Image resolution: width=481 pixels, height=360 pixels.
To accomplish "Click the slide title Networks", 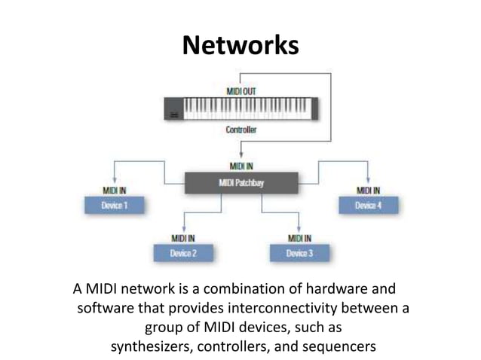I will (240, 46).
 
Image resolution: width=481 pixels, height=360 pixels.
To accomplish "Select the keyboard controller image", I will (241, 109).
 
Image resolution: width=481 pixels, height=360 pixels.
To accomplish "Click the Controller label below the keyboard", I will (241, 130).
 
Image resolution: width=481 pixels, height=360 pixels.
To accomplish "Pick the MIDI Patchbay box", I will (241, 181).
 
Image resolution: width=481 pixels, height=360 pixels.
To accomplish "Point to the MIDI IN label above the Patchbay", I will (241, 166).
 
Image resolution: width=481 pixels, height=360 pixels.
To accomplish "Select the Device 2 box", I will (183, 253).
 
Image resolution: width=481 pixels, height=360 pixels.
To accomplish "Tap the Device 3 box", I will (299, 253).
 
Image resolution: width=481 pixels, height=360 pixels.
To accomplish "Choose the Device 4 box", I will (368, 206).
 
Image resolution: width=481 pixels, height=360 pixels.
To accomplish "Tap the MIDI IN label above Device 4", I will (367, 191).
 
